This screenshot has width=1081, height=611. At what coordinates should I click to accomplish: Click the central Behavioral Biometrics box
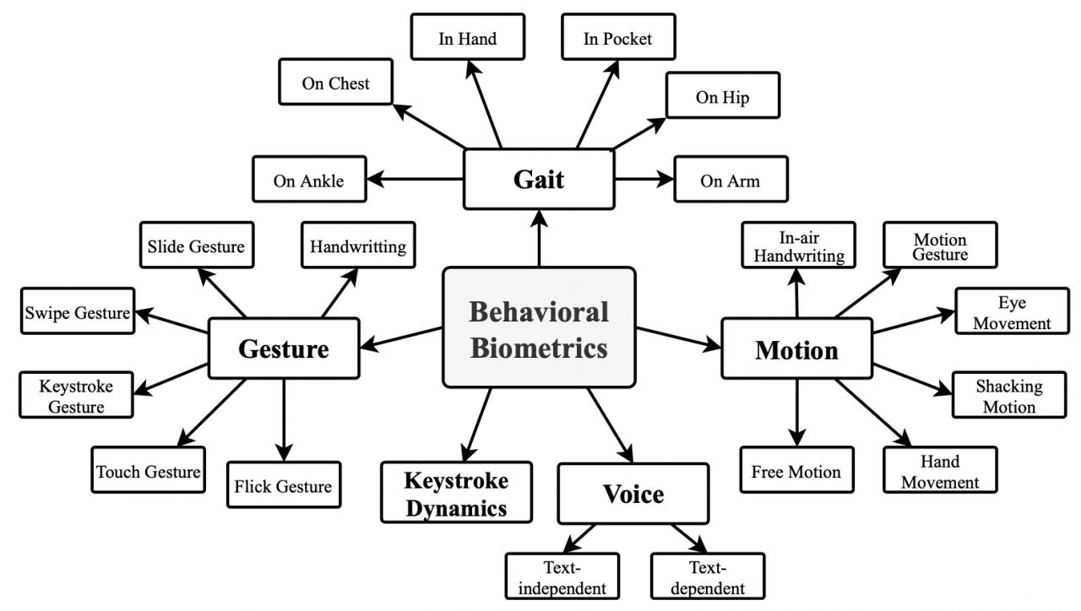[539, 327]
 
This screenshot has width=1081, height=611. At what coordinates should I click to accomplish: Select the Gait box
[539, 180]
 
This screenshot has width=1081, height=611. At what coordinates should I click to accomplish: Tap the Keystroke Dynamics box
[457, 492]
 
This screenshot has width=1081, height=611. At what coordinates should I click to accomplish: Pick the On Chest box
[336, 82]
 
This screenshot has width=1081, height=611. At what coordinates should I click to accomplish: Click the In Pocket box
[618, 37]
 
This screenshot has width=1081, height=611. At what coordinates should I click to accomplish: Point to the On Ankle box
[309, 180]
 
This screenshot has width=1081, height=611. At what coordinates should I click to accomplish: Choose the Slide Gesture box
[197, 245]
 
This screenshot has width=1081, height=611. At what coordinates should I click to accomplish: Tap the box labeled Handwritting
[359, 245]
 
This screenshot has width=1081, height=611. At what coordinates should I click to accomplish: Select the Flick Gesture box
[285, 485]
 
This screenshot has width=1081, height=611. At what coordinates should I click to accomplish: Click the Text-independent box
[562, 576]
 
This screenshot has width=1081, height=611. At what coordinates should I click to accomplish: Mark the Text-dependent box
[708, 576]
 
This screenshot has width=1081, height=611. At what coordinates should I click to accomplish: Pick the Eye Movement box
[1013, 311]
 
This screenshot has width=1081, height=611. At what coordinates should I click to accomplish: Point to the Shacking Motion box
[1009, 395]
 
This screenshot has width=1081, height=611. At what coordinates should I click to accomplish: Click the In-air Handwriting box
[799, 245]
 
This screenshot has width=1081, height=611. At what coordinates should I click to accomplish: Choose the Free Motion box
[797, 470]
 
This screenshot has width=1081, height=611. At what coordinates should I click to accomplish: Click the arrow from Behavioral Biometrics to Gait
[539, 238]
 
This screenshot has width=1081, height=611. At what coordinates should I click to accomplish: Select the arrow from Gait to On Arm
[644, 180]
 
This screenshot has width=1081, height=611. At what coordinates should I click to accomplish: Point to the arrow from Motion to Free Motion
[797, 413]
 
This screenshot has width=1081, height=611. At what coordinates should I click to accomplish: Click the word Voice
[633, 494]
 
